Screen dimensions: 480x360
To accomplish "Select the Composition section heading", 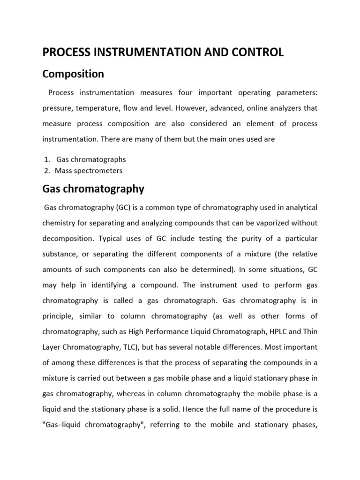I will coord(73,74).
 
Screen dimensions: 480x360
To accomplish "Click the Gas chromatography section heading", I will coord(93,189).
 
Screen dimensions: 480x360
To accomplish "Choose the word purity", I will coord(244,239).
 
